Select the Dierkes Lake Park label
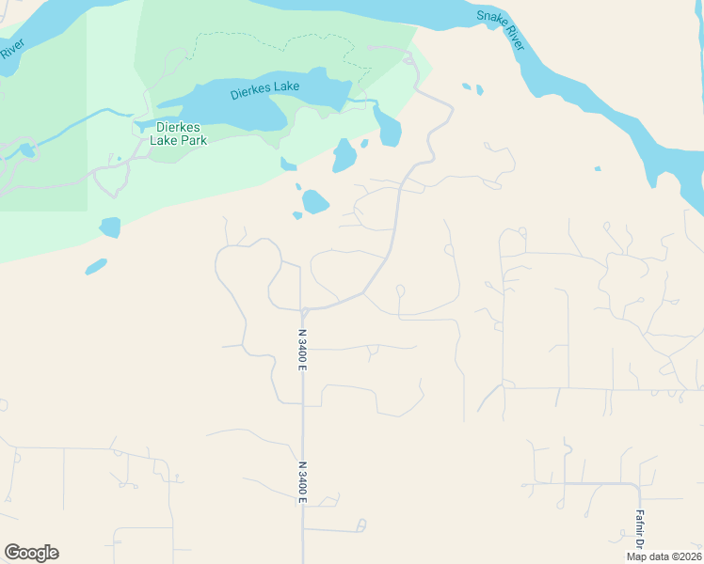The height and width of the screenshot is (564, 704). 178,133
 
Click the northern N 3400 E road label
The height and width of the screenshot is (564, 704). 302,349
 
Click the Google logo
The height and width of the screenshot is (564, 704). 31,553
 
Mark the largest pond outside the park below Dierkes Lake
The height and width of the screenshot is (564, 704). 315,202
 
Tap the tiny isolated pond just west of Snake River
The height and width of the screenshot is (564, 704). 597,169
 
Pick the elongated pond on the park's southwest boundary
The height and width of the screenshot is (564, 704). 96,267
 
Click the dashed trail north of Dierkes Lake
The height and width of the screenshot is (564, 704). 282,39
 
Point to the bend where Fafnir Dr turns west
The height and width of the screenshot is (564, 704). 638,485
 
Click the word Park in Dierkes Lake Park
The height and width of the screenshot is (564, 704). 193,140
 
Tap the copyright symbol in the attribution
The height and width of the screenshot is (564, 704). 674,556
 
